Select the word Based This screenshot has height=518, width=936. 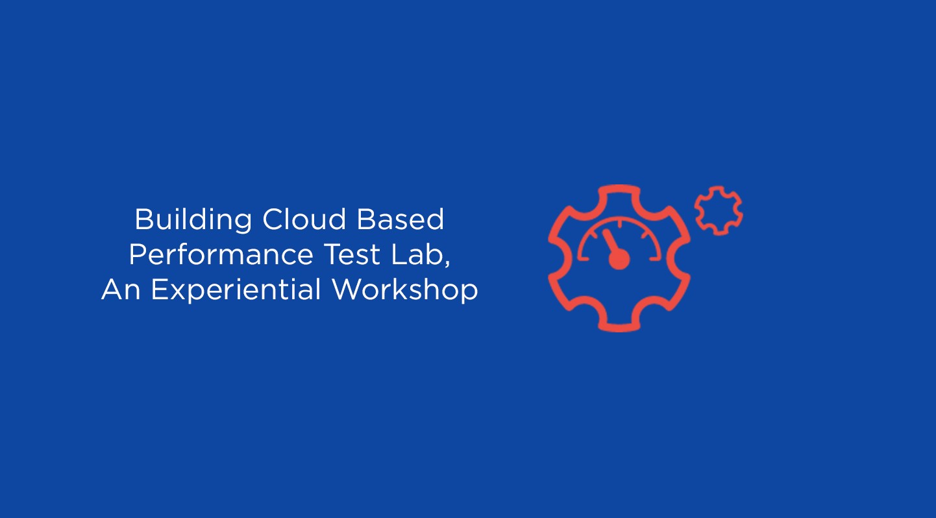400,219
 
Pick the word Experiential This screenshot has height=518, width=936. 236,290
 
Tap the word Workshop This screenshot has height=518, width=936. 404,290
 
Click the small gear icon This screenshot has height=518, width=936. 719,210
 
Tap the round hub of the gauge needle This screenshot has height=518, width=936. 619,260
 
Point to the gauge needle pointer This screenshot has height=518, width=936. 610,241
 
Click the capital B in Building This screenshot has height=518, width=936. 143,219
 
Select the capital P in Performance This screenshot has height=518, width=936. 138,254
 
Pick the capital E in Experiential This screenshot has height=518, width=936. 159,290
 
